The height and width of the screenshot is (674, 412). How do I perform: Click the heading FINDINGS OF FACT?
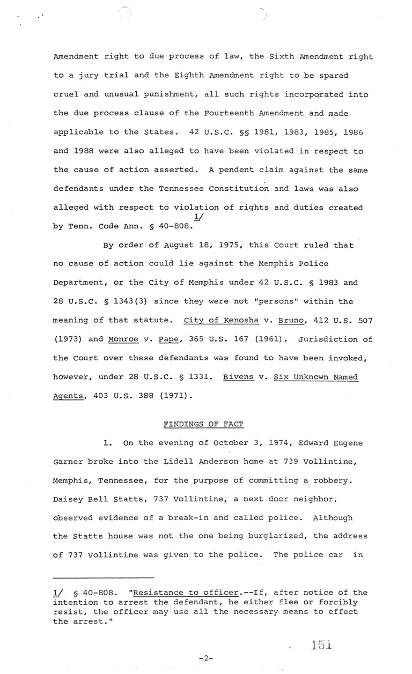click(203, 424)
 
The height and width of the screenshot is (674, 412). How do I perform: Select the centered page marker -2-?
click(205, 658)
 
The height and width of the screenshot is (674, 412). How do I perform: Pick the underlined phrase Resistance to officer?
click(186, 592)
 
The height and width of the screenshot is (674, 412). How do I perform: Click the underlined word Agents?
click(70, 396)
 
